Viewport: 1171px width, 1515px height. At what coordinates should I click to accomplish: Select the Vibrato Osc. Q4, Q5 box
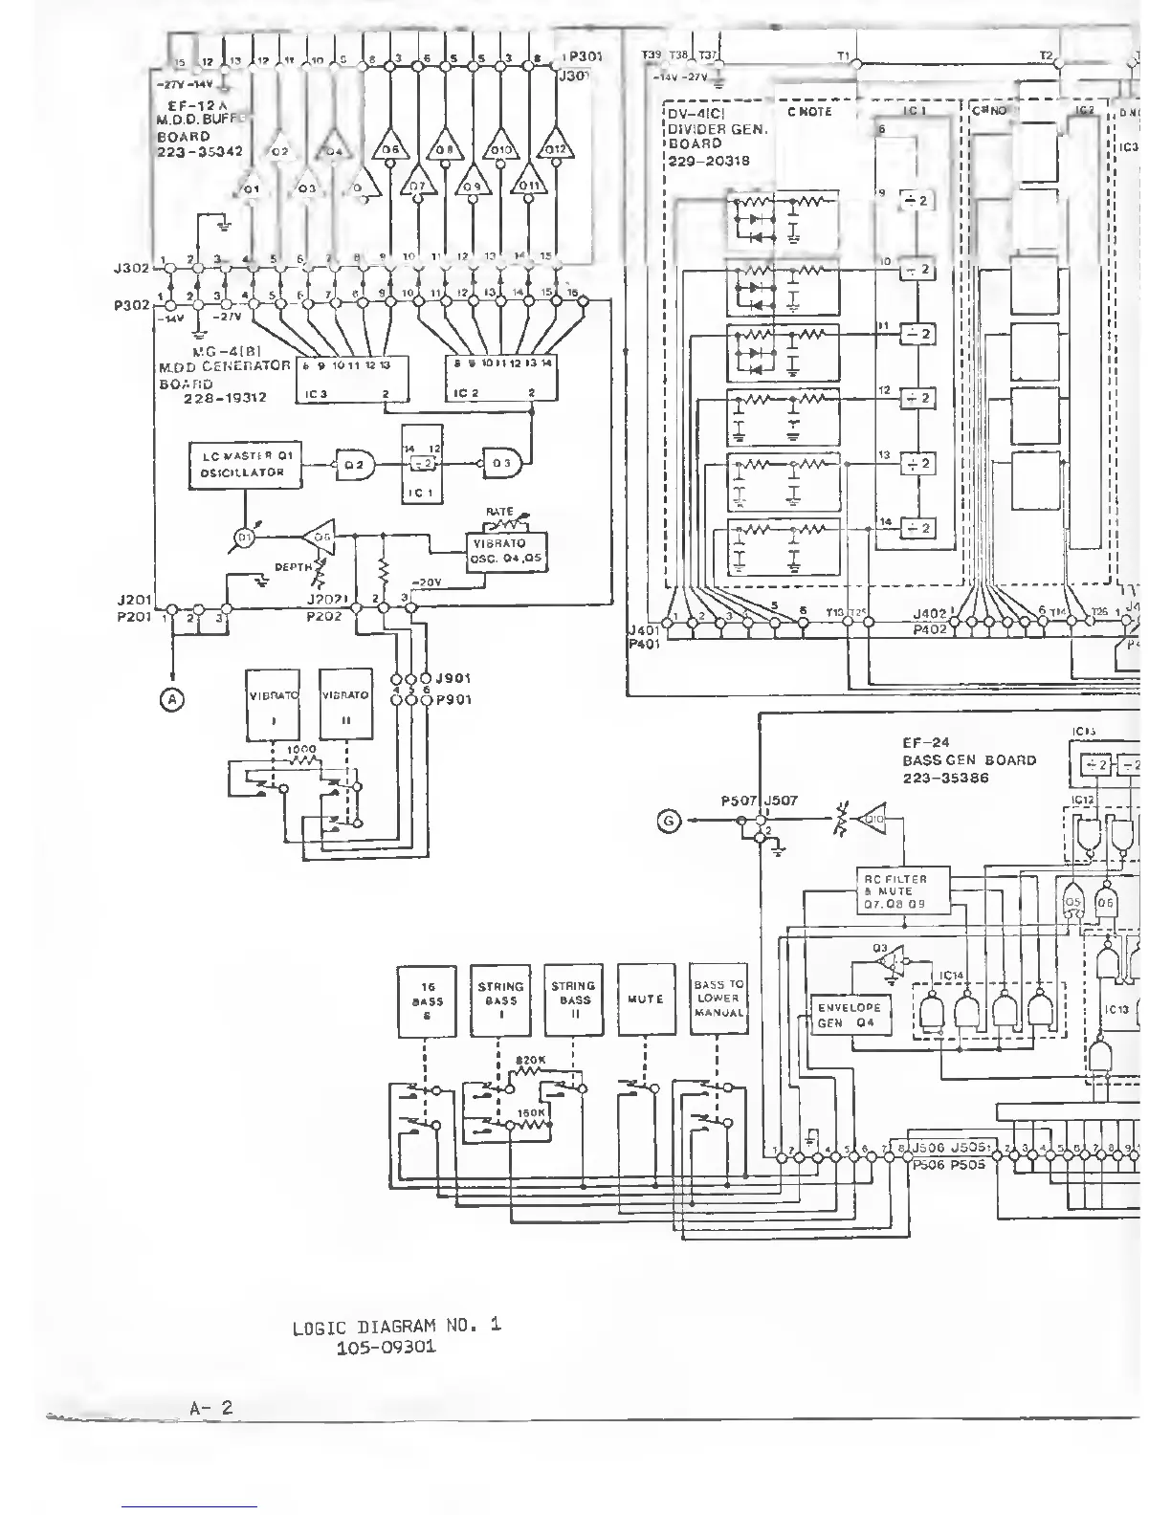506,552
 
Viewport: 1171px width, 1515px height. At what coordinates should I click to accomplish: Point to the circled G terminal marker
670,821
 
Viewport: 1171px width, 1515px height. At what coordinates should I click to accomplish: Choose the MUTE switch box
646,999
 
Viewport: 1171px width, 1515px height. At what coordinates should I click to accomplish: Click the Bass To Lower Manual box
718,999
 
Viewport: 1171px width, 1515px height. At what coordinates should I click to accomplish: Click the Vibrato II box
345,704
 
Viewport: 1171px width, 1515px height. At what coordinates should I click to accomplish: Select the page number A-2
211,1408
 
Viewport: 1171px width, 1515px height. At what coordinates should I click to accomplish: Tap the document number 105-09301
387,1348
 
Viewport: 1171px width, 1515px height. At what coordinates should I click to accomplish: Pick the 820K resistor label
530,1060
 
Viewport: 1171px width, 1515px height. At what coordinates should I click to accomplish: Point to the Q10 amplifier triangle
873,819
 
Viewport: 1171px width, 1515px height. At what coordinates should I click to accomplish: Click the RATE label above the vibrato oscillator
499,513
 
